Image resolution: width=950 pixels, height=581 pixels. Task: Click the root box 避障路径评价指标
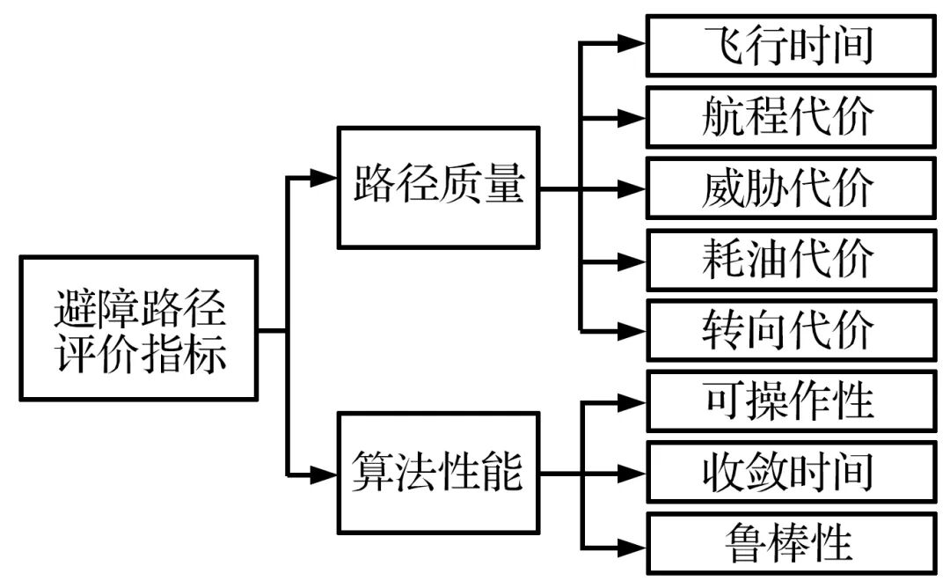(x=139, y=328)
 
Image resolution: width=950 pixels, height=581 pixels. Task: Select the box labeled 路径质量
(x=438, y=188)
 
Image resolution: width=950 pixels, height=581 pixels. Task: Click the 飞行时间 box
(x=789, y=45)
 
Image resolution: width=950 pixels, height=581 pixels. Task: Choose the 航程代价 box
(x=789, y=116)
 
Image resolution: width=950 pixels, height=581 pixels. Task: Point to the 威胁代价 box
(x=789, y=188)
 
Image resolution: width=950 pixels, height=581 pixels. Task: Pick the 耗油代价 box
(x=789, y=260)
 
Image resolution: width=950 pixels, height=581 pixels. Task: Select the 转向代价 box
(x=789, y=330)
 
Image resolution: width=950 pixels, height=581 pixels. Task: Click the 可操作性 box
(x=789, y=401)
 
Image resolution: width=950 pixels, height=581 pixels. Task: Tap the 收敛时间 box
(x=789, y=473)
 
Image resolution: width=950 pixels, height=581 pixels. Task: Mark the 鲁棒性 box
(x=789, y=543)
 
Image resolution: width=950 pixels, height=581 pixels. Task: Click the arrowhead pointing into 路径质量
(x=325, y=179)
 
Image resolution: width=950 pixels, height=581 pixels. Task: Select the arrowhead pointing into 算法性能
(x=325, y=475)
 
